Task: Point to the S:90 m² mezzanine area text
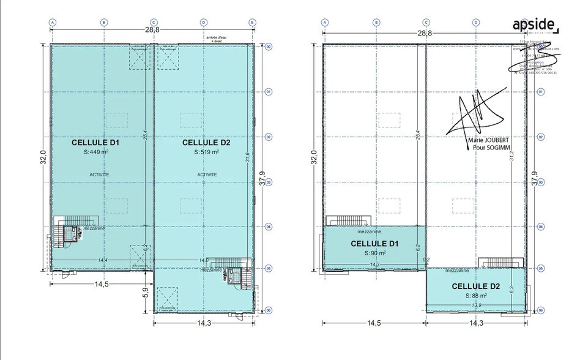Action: point(375,252)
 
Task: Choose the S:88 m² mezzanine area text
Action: point(475,296)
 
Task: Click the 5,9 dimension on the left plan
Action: point(146,293)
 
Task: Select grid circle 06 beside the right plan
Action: point(541,311)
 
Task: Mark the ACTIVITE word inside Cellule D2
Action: point(207,174)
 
